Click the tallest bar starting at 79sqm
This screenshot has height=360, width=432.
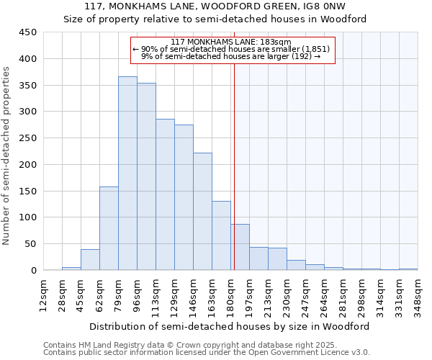(x=127, y=173)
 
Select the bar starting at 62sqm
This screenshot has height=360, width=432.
(x=109, y=228)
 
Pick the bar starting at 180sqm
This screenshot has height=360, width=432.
(x=240, y=247)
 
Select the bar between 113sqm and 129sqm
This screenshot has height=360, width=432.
(x=165, y=194)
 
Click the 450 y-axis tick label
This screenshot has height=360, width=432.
(x=28, y=32)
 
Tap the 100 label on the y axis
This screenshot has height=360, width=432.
(x=28, y=217)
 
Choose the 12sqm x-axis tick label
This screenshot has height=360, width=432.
(x=44, y=296)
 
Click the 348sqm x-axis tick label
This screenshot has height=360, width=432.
(x=418, y=296)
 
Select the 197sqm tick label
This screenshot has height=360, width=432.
(x=250, y=296)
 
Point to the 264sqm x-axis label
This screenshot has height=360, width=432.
(x=325, y=296)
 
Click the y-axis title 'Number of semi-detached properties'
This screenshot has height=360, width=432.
(x=7, y=156)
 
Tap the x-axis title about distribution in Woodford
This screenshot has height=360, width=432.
(x=230, y=326)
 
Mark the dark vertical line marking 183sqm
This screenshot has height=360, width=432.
(x=234, y=180)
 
